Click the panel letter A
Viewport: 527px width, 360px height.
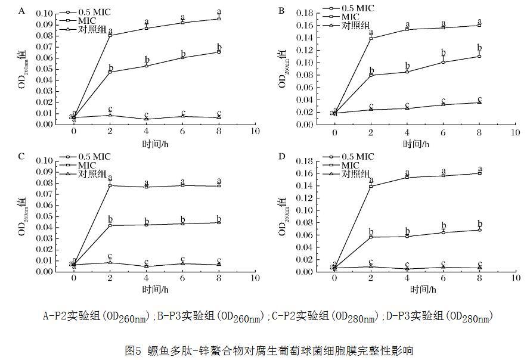click(x=21, y=11)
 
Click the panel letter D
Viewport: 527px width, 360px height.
click(x=281, y=157)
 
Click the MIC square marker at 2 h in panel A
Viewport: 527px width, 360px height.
click(x=110, y=35)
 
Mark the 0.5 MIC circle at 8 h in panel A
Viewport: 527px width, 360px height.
click(x=219, y=52)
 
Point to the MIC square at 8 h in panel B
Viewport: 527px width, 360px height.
click(x=480, y=25)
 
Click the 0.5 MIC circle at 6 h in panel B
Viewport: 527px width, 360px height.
click(x=444, y=62)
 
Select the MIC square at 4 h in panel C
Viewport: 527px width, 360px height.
click(x=146, y=187)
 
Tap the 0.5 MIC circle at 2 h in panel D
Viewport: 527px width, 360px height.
click(x=371, y=237)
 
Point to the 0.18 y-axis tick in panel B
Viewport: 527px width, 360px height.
click(x=305, y=13)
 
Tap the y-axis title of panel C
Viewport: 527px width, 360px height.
click(x=22, y=214)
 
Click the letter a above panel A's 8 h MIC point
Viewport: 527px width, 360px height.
click(x=219, y=11)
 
